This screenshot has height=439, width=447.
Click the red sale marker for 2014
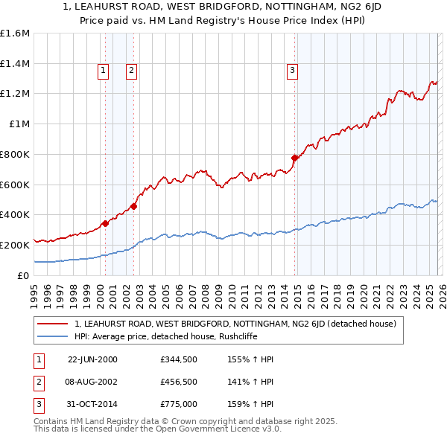(x=295, y=158)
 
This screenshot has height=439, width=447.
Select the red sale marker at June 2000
(x=105, y=222)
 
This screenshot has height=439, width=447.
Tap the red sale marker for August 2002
(x=133, y=206)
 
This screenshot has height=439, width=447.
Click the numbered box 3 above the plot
(x=292, y=71)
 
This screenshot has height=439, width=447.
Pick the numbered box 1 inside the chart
(x=102, y=71)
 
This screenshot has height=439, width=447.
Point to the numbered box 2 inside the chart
(x=130, y=71)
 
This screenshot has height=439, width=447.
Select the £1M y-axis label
(x=19, y=124)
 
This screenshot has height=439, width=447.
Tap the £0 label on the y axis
(x=24, y=275)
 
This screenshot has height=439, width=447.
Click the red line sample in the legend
(x=53, y=324)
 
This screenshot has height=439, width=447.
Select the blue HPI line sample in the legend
(x=53, y=336)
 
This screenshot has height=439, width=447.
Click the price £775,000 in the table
(x=178, y=406)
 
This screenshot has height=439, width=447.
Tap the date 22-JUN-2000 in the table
(x=92, y=359)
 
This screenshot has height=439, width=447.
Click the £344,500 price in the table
(x=178, y=359)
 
